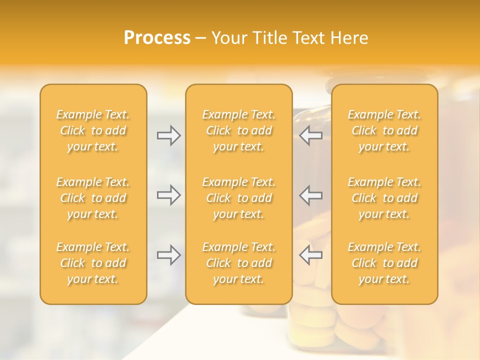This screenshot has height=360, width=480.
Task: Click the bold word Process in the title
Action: pos(157,38)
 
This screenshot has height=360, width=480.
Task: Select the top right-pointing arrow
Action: pos(168,135)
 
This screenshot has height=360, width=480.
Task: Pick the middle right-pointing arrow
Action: pos(168,195)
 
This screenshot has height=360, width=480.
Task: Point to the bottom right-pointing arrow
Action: pos(168,255)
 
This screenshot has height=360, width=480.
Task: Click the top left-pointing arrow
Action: pos(310,135)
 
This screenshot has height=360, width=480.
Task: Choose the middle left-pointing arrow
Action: pos(310,195)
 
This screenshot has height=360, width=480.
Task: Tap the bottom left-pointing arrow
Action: pos(310,255)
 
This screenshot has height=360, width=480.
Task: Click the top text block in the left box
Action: pos(93,130)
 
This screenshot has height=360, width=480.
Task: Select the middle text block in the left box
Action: pos(93,198)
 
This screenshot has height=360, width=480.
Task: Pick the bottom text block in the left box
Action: pos(93,263)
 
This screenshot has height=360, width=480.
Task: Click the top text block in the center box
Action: pos(239,130)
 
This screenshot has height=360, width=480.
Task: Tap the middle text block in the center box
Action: pos(239,198)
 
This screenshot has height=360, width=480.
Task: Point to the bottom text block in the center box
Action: pos(239,263)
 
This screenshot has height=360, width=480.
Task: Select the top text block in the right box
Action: pos(384,130)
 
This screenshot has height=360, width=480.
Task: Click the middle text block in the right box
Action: pos(384,198)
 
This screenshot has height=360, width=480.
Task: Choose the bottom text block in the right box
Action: pos(384,263)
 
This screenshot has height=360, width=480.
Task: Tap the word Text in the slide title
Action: pos(308,38)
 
